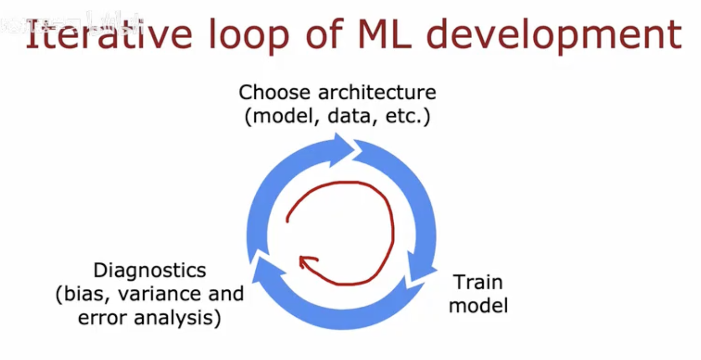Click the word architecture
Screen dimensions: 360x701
(377, 93)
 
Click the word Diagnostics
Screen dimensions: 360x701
(149, 271)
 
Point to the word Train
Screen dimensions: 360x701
(478, 282)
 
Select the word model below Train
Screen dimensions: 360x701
(478, 305)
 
